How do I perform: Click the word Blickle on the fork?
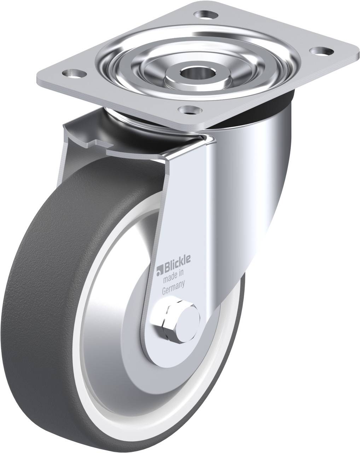point(177,263)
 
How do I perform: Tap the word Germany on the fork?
point(173,287)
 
